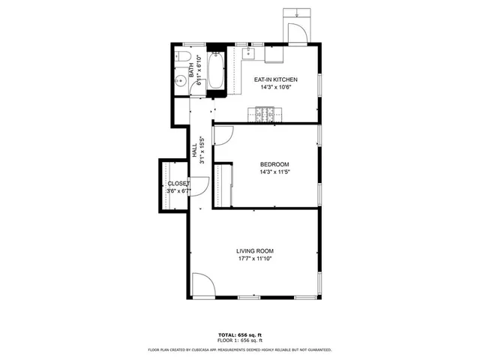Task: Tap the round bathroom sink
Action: coord(180,82)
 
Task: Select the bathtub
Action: coord(215,72)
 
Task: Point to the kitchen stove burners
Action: coord(265,114)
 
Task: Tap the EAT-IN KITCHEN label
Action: coord(276,79)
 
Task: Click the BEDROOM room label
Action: coord(274,164)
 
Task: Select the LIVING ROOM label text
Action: coord(254,251)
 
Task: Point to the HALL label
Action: coord(194,153)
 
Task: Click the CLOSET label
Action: coord(178,183)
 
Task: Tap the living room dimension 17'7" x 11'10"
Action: coord(254,259)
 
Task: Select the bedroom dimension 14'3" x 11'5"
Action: coord(274,172)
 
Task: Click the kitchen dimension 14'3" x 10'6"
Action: coord(276,88)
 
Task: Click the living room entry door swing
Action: coord(202,285)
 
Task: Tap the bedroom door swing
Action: coord(223,135)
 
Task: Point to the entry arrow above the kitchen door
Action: coord(298,13)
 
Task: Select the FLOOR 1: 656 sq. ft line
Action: coord(240,340)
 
